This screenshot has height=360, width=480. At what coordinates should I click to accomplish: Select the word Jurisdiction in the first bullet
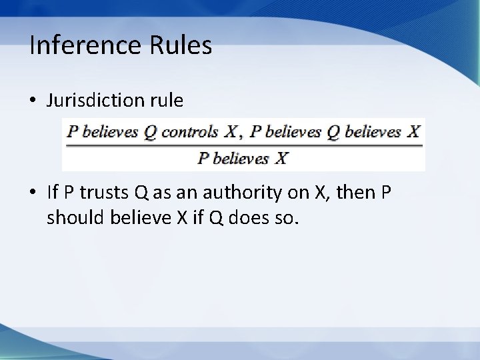pyautogui.click(x=90, y=101)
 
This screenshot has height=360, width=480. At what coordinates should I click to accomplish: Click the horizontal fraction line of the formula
pyautogui.click(x=243, y=144)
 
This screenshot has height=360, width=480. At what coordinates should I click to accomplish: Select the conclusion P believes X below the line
pyautogui.click(x=243, y=158)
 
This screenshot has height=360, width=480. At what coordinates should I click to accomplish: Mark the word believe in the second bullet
pyautogui.click(x=130, y=217)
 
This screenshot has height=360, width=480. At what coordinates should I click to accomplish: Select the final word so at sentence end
pyautogui.click(x=283, y=217)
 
